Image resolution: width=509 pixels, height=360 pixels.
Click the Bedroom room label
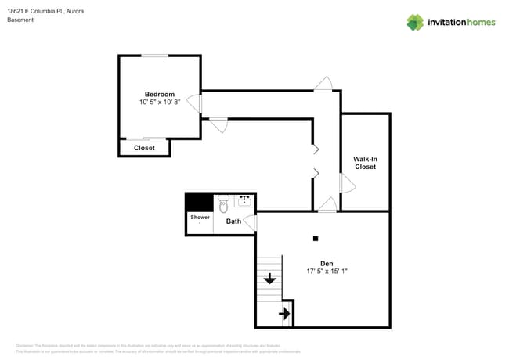(x=159, y=94)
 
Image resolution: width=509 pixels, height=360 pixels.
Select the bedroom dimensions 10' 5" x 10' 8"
(x=159, y=103)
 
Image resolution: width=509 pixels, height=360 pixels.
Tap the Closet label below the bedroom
(x=144, y=148)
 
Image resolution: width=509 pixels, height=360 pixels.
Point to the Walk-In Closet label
(x=365, y=163)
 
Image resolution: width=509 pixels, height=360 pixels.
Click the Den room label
(x=327, y=263)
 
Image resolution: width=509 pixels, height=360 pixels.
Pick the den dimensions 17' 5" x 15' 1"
(x=327, y=272)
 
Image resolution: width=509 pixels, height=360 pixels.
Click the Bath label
(x=233, y=221)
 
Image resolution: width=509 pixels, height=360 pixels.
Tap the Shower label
(x=200, y=217)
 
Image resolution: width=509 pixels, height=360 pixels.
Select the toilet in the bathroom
(x=222, y=204)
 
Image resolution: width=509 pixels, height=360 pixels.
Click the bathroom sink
(x=244, y=201)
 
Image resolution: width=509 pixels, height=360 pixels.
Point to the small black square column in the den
(x=316, y=239)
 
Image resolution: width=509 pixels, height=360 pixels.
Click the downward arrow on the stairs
(x=269, y=278)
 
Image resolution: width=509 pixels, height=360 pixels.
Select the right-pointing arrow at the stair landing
(x=285, y=314)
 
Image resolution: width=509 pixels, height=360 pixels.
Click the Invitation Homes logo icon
(x=414, y=22)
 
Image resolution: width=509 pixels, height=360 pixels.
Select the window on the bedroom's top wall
(x=154, y=56)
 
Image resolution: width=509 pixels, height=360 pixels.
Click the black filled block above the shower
(x=199, y=201)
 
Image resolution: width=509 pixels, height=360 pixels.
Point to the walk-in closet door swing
(x=345, y=183)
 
